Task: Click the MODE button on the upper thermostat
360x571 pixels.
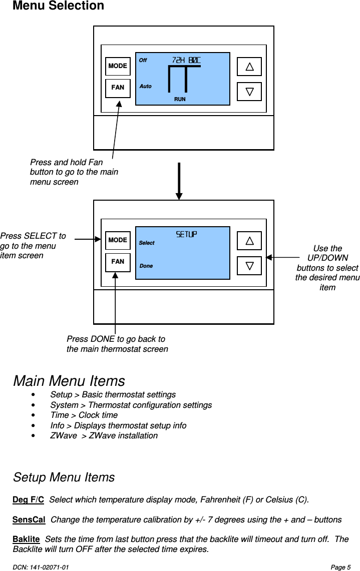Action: click(118, 66)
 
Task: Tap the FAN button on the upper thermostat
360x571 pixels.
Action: click(118, 88)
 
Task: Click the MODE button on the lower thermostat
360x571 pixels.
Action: click(118, 240)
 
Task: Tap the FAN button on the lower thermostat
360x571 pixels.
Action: click(118, 262)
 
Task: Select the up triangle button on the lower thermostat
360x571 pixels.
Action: click(249, 241)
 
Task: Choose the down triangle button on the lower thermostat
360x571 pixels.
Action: click(249, 265)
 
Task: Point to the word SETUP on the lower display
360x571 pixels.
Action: click(186, 234)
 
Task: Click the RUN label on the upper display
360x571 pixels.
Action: click(180, 100)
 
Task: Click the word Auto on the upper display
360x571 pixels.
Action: click(146, 87)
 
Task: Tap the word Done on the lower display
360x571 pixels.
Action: click(146, 266)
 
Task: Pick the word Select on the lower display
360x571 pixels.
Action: click(147, 243)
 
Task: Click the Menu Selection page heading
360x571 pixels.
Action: click(58, 6)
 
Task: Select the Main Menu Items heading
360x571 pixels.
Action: click(69, 381)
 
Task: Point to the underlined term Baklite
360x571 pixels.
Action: click(26, 539)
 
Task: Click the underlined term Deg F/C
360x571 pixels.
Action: click(28, 500)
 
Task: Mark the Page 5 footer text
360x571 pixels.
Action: click(340, 567)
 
